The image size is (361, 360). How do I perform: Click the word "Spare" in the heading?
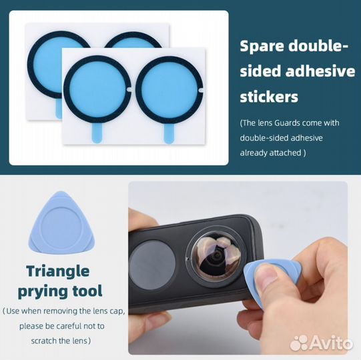[262, 47]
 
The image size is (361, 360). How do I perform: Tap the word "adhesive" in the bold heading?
[320, 71]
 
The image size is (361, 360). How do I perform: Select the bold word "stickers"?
[269, 97]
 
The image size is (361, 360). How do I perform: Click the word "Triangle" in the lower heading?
[58, 271]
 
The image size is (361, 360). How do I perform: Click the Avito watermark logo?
[322, 343]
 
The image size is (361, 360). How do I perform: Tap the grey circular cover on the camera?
[151, 265]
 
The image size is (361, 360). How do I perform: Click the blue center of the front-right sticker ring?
[169, 90]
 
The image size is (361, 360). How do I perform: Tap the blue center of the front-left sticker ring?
[97, 90]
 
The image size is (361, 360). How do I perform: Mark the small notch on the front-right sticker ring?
[201, 91]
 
